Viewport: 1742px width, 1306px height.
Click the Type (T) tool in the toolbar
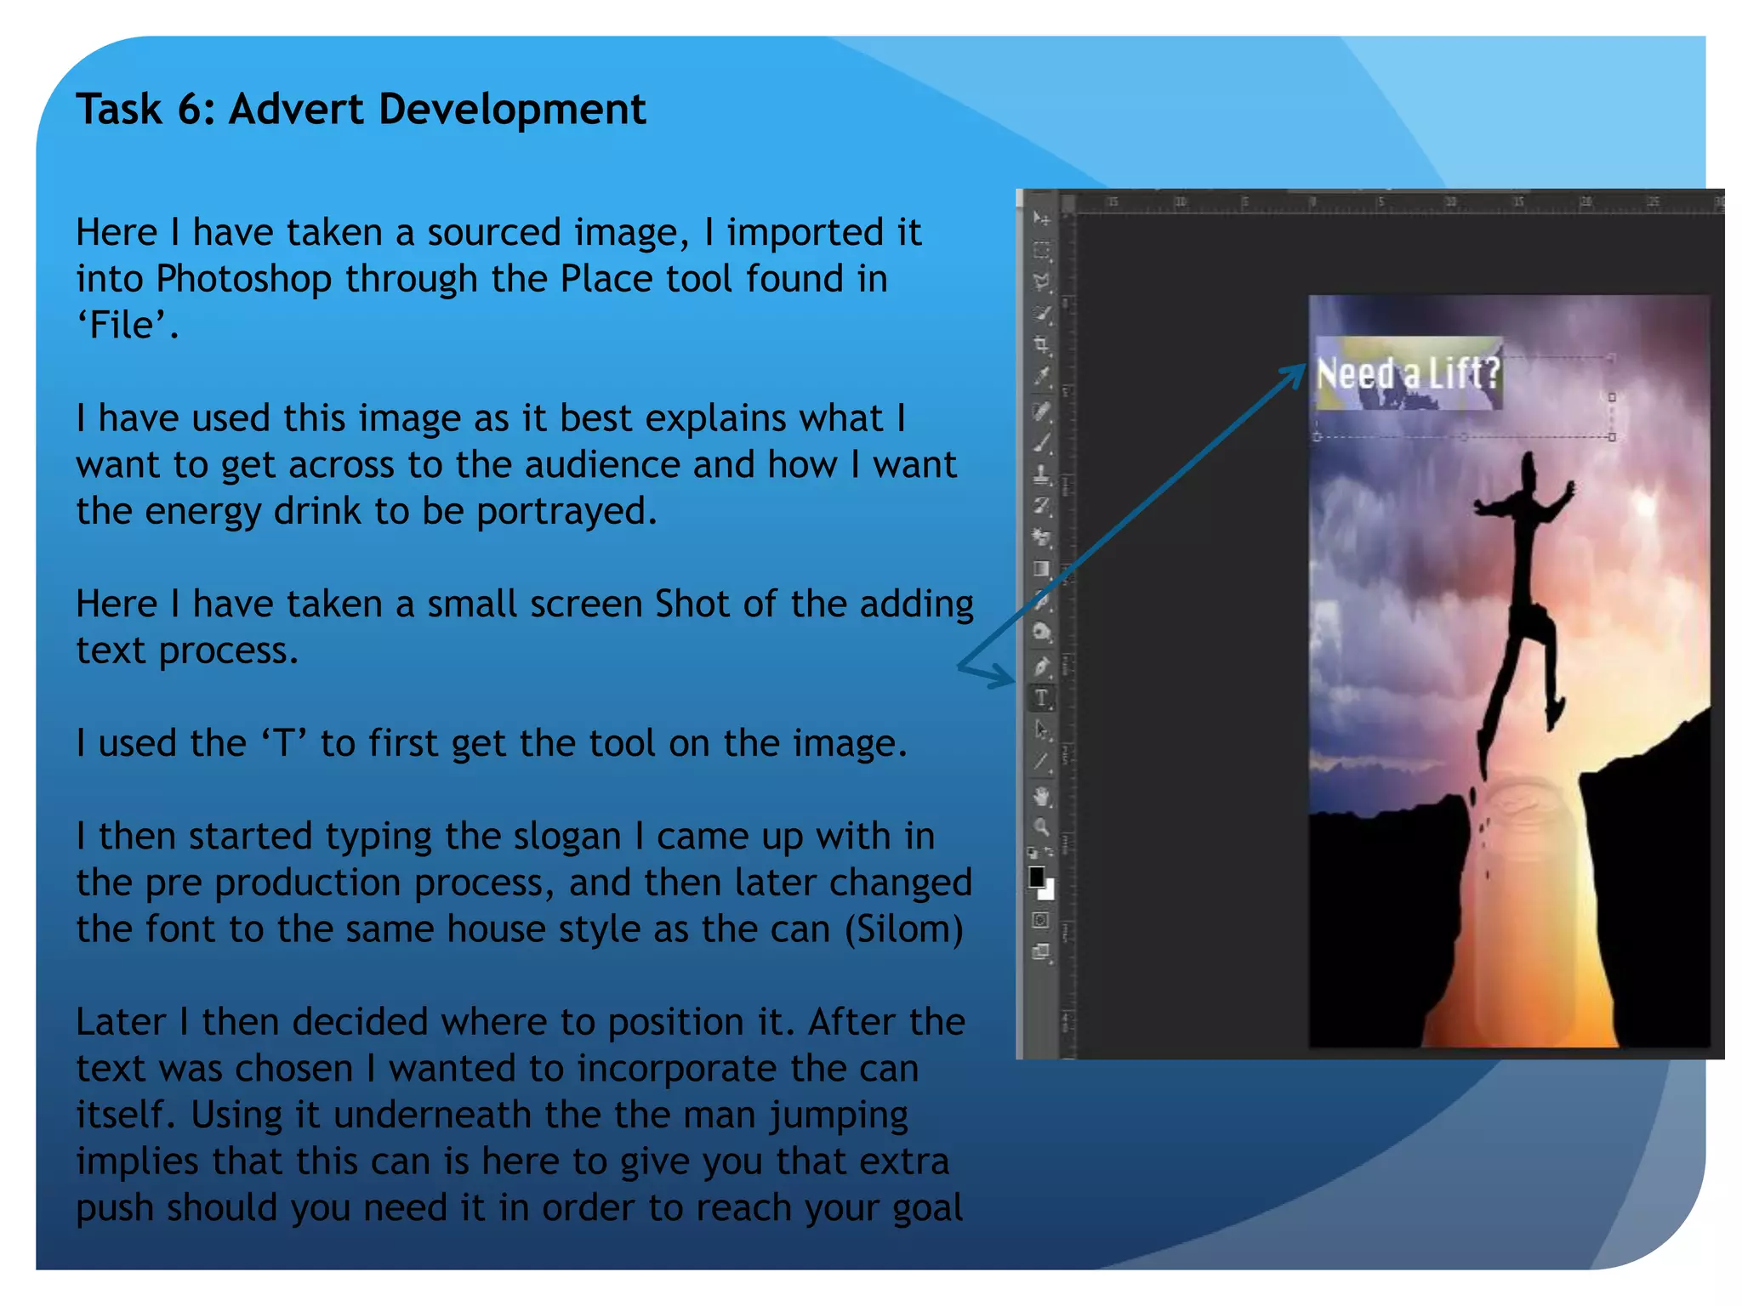[1041, 699]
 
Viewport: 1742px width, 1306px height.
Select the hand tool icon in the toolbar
[1041, 797]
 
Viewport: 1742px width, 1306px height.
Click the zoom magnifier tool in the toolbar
[1041, 826]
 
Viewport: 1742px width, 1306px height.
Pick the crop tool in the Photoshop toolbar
[1041, 345]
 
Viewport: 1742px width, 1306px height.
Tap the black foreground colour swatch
[1036, 877]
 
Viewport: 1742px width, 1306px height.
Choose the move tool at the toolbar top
[1041, 219]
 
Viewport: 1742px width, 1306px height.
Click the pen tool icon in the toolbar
[1041, 667]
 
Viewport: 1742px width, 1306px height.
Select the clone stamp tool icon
[1041, 474]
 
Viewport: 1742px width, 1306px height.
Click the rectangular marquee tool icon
[1041, 251]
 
